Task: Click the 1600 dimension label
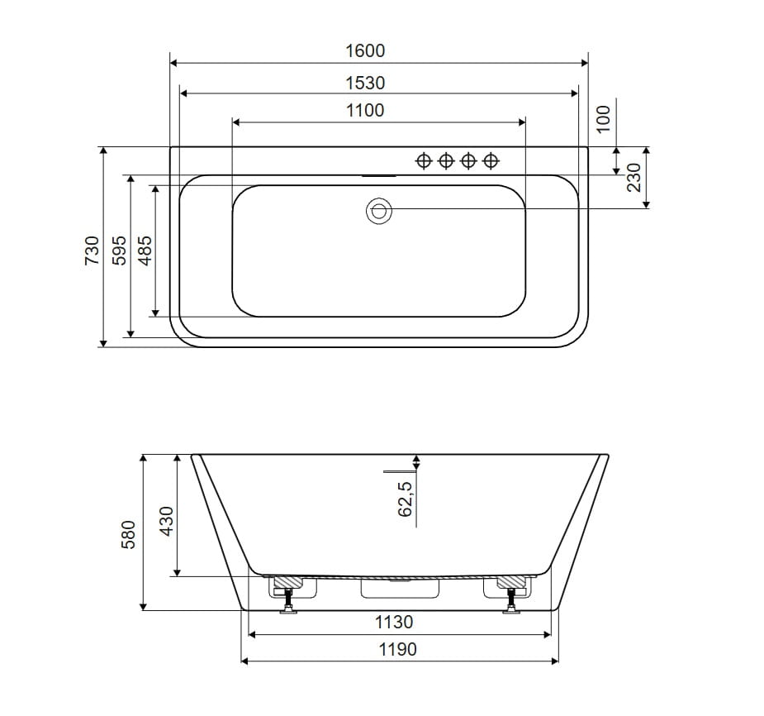[365, 50]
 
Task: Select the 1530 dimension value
[365, 83]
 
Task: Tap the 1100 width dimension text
[365, 110]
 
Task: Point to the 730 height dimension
[92, 251]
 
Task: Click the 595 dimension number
[120, 251]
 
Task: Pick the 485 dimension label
[145, 251]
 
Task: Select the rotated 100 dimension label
[603, 118]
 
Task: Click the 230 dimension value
[634, 178]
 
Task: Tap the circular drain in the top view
[379, 211]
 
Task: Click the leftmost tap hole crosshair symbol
[424, 160]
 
